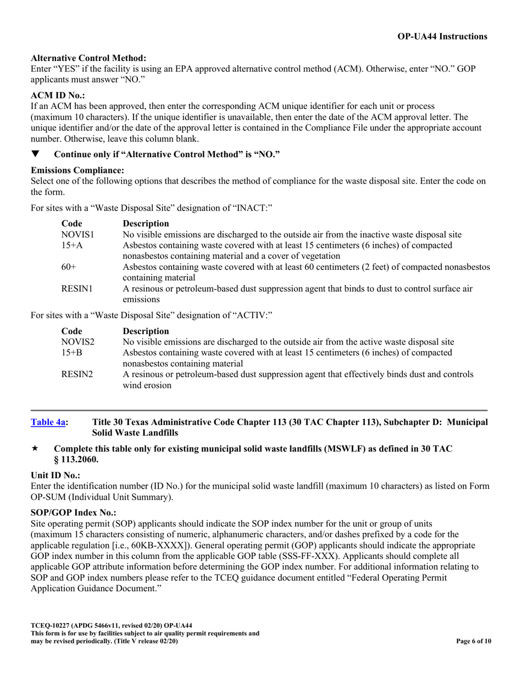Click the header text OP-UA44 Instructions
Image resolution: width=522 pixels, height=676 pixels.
[x=442, y=37]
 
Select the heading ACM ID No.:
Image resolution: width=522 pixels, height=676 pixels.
[x=58, y=95]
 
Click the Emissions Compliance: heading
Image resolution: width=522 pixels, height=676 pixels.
[x=77, y=171]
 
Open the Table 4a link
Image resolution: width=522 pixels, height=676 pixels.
[x=48, y=422]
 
